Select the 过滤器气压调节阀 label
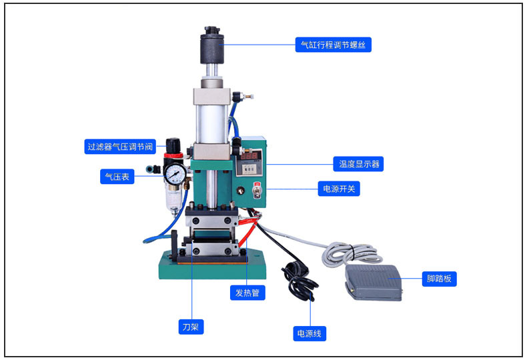[120, 146]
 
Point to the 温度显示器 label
[358, 164]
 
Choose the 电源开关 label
[340, 189]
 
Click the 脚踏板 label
[439, 279]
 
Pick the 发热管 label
[247, 292]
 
